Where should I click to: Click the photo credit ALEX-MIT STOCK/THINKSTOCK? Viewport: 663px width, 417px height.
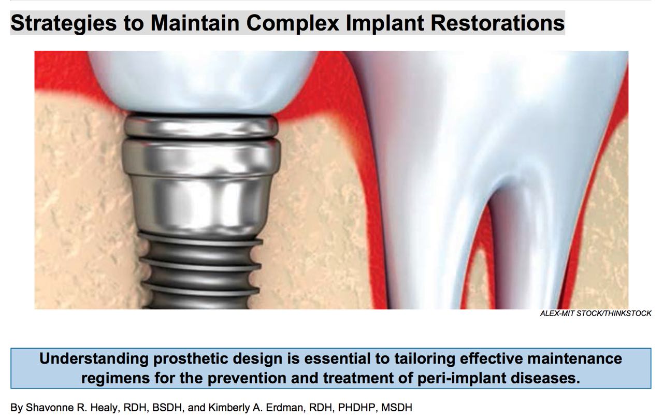(596, 313)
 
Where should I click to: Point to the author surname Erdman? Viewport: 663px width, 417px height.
(291, 408)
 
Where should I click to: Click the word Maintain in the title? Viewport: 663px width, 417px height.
(200, 23)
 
